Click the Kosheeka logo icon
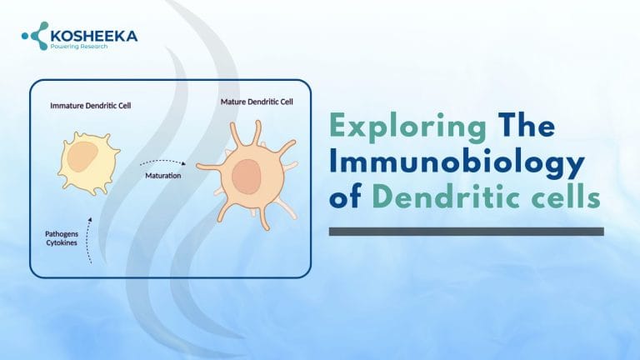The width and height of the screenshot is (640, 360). (x=36, y=36)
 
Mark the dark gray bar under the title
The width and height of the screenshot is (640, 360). (x=466, y=231)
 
